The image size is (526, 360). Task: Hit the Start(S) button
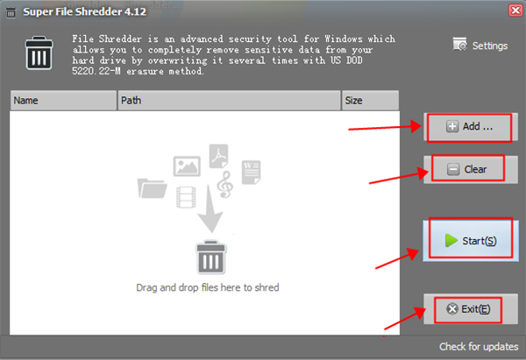pyautogui.click(x=469, y=240)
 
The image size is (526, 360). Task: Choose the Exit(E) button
pyautogui.click(x=469, y=308)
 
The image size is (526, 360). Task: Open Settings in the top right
pyautogui.click(x=480, y=46)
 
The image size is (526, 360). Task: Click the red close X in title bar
pyautogui.click(x=514, y=10)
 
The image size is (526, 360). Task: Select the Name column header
pyautogui.click(x=61, y=101)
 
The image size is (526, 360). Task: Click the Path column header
pyautogui.click(x=228, y=101)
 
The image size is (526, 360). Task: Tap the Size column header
pyautogui.click(x=368, y=101)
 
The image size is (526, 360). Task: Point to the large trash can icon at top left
pyautogui.click(x=39, y=54)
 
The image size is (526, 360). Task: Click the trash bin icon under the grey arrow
pyautogui.click(x=208, y=259)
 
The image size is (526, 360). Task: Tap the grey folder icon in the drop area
pyautogui.click(x=153, y=188)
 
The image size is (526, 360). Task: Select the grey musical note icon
pyautogui.click(x=225, y=183)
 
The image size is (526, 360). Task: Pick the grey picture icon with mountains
pyautogui.click(x=187, y=166)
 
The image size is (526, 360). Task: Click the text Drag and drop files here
pyautogui.click(x=207, y=287)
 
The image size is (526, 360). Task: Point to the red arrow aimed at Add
pyautogui.click(x=386, y=128)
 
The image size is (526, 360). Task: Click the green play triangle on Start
pyautogui.click(x=450, y=240)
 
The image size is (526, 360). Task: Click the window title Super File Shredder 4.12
pyautogui.click(x=73, y=10)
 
